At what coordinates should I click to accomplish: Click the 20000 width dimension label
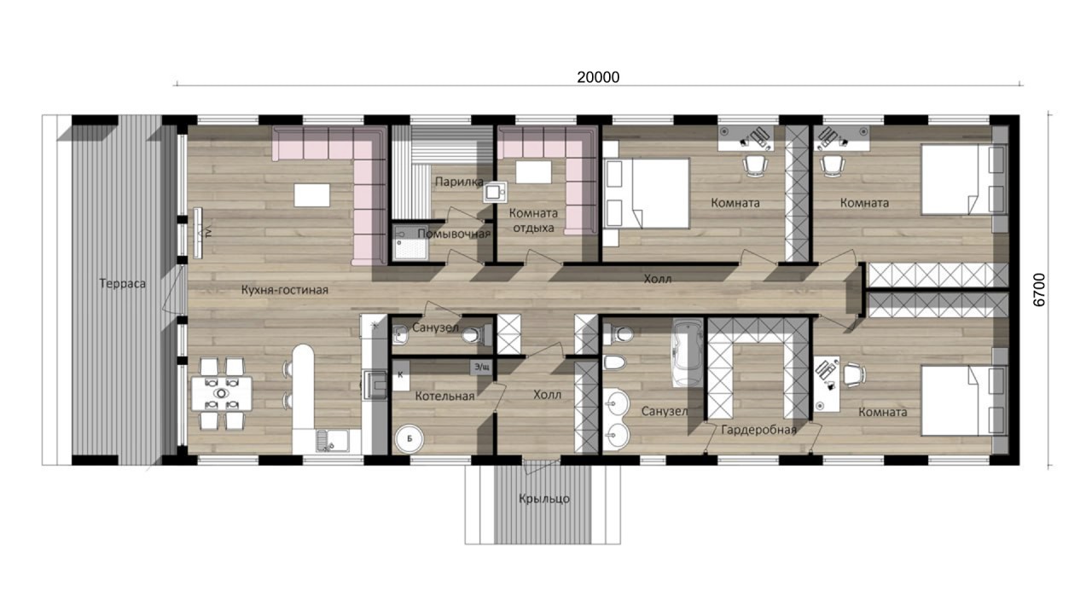[598, 78]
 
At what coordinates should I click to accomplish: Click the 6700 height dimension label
[1039, 290]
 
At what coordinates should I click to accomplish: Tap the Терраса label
[122, 284]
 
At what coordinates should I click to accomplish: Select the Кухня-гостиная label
[285, 291]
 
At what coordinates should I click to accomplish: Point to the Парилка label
[459, 182]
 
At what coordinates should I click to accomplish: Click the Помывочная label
[454, 234]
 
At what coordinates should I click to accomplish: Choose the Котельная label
[444, 397]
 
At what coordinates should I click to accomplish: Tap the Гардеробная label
[758, 430]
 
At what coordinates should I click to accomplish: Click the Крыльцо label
[544, 499]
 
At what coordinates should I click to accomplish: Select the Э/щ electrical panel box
[482, 368]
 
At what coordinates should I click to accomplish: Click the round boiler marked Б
[409, 439]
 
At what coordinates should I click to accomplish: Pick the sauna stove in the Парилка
[495, 193]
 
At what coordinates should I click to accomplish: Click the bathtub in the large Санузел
[688, 353]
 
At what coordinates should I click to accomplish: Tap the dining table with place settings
[222, 393]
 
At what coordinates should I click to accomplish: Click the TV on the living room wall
[198, 233]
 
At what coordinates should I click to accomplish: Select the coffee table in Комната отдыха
[533, 172]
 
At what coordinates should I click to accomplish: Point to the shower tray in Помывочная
[411, 242]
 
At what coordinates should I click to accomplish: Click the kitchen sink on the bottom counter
[332, 441]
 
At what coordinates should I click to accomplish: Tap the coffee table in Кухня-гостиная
[311, 195]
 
